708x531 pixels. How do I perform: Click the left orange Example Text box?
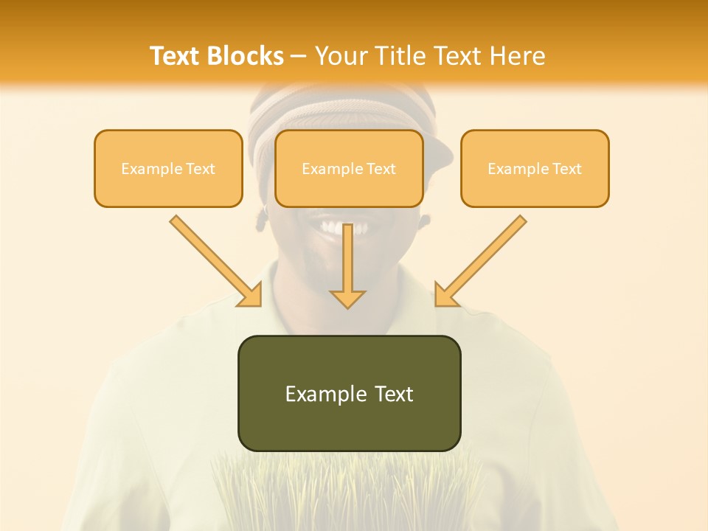coord(168,168)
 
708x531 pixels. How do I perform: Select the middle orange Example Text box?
coord(349,168)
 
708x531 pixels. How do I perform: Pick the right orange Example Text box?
coord(535,168)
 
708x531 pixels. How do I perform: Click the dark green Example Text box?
coord(349,393)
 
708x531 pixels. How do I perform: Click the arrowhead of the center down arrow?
coord(347,298)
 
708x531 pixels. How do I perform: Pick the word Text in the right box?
coord(566,169)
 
